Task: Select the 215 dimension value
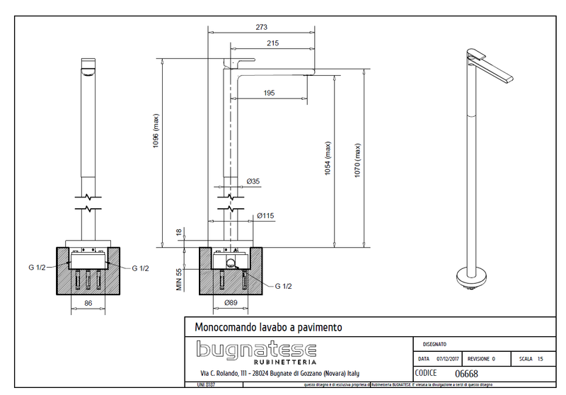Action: click(272, 43)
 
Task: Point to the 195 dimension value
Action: click(270, 93)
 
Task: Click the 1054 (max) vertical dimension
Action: click(328, 159)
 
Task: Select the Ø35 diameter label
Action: click(253, 182)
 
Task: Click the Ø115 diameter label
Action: click(266, 215)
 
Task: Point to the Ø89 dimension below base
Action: click(230, 302)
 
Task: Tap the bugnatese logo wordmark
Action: click(256, 348)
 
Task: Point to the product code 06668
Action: click(466, 373)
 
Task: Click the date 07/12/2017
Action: click(449, 359)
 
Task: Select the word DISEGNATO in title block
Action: click(434, 344)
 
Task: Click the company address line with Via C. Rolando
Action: click(280, 373)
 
